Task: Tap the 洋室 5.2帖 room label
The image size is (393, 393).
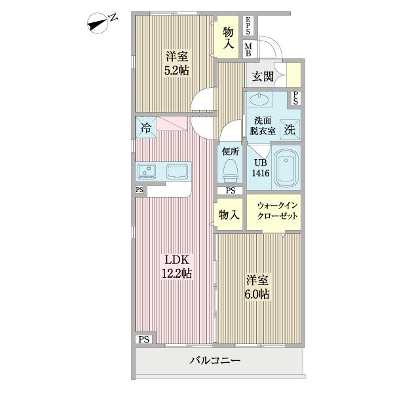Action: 176,63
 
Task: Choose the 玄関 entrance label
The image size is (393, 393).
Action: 263,76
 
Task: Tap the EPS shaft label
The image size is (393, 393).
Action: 248,27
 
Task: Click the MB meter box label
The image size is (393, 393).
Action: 248,49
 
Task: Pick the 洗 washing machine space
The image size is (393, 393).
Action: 289,129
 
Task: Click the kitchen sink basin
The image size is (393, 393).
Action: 177,172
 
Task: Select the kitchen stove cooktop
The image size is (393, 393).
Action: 147,172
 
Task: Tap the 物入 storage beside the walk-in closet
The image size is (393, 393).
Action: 229,215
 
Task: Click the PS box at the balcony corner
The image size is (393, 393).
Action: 144,339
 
